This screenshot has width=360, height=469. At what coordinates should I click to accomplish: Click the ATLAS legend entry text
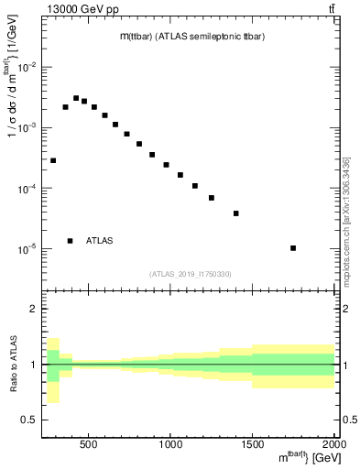coord(99,241)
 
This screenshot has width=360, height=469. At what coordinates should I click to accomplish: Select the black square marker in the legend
coord(70,241)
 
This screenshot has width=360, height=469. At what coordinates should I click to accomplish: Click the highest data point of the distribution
coord(76,98)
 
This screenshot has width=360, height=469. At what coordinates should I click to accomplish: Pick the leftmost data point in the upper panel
coord(53,160)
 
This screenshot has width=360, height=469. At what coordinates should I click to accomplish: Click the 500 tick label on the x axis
coord(89,445)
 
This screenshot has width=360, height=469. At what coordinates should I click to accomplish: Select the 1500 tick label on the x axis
coord(253,445)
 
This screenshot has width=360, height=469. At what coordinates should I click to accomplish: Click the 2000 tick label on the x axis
coord(334,445)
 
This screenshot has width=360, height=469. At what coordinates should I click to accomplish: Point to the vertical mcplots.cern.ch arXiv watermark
coord(346,220)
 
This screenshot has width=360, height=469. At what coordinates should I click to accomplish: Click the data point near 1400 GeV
coord(235,213)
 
